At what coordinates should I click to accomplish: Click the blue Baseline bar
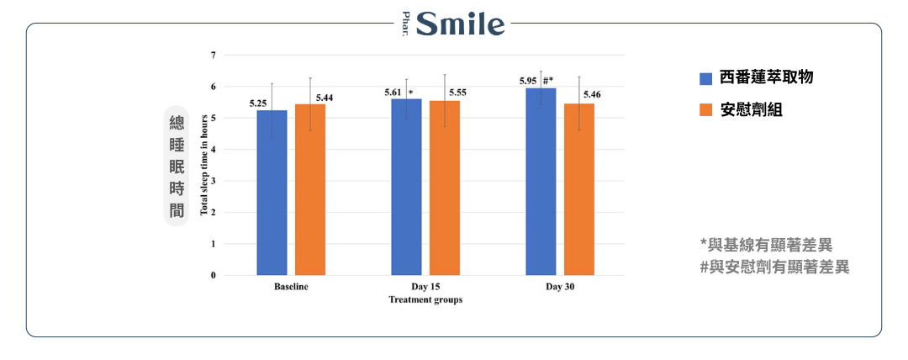point(272,193)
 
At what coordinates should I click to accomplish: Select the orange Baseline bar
point(309,189)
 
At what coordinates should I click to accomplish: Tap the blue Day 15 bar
point(406,187)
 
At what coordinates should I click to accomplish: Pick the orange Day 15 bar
point(445,188)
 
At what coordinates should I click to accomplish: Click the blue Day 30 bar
point(541,182)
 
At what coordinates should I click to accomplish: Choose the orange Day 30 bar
point(579,189)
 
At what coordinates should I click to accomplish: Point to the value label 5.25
point(258,103)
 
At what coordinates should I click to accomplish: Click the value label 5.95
point(528,82)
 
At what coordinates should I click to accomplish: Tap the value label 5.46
point(592,94)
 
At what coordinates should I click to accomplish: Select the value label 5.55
point(458,92)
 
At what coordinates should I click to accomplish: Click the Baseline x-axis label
point(291,287)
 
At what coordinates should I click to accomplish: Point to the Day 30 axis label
point(560,287)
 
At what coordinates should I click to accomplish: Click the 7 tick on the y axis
point(213,56)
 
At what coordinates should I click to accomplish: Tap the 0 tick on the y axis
point(213,275)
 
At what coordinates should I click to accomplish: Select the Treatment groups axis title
point(425,299)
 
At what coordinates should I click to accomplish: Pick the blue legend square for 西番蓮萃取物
point(706,78)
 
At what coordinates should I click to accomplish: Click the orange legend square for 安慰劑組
point(706,110)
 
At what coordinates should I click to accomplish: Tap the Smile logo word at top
point(461,24)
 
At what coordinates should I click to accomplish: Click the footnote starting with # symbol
point(774,267)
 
